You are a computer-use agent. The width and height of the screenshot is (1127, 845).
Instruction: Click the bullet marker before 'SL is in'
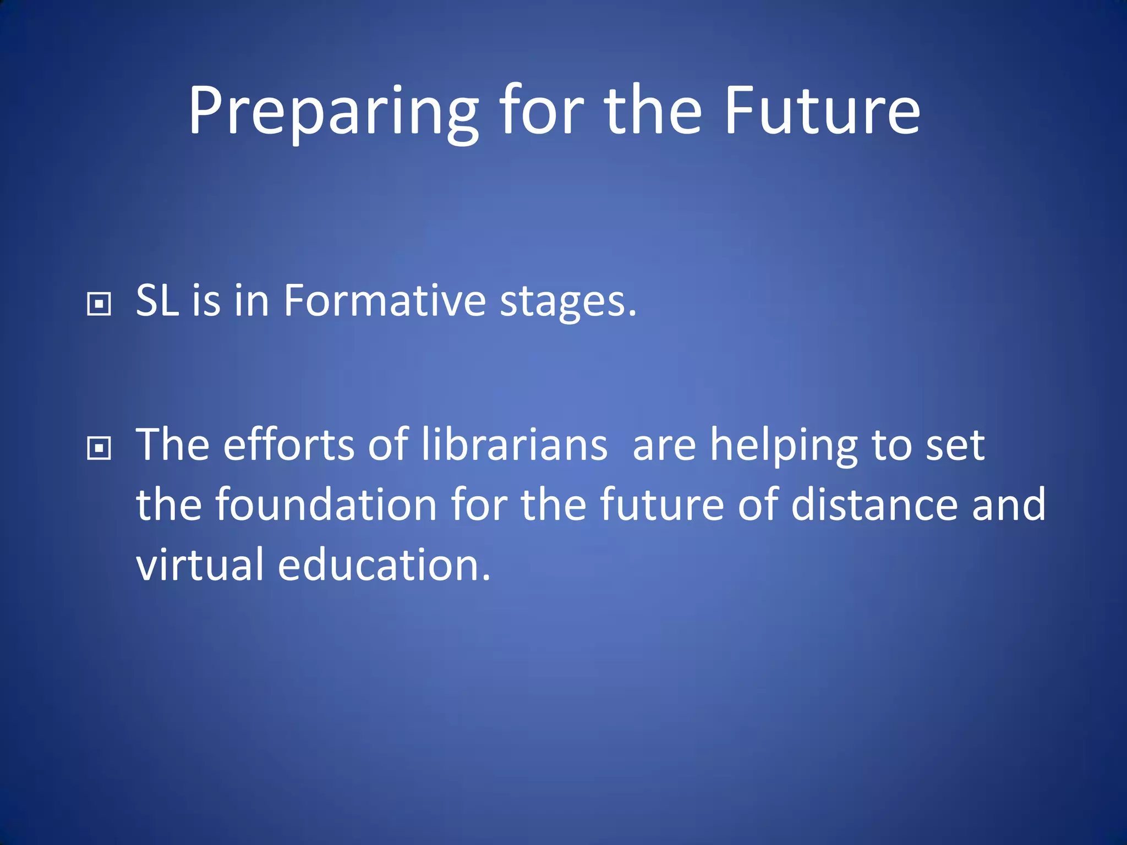coord(99,303)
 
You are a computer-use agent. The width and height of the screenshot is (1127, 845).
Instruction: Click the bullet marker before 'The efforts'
coord(99,448)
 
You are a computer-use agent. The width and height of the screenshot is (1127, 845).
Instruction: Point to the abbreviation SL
coord(157,301)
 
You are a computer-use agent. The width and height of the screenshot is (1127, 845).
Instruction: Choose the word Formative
coord(385,301)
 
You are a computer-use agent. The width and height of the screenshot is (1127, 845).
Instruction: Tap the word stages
coord(567,303)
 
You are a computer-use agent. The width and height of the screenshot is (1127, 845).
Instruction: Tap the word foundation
coord(326,504)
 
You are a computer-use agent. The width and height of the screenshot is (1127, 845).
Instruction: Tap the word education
coord(384,565)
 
